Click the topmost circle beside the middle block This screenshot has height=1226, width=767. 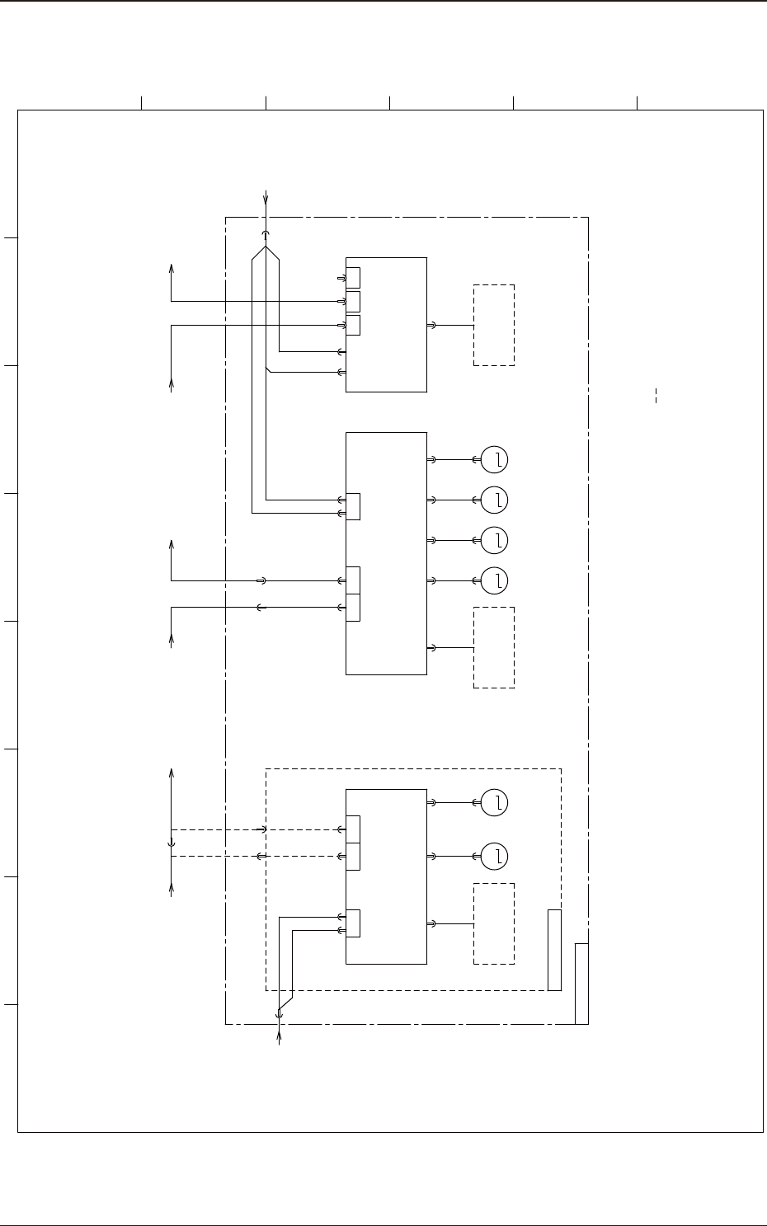(x=494, y=459)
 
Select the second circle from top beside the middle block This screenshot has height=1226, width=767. (x=494, y=500)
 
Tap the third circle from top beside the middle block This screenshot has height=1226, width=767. (x=494, y=540)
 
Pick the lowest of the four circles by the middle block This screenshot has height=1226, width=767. (x=494, y=581)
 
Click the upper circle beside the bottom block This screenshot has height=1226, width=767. (x=494, y=802)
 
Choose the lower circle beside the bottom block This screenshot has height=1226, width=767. (x=494, y=857)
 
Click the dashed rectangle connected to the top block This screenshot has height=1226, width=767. (x=494, y=325)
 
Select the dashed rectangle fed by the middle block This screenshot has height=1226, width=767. (x=494, y=647)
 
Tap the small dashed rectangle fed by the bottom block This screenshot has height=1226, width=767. (x=494, y=923)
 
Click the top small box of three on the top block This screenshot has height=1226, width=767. (x=353, y=277)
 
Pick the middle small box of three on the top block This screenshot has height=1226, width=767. (x=353, y=301)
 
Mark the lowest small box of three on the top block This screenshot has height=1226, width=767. (x=353, y=325)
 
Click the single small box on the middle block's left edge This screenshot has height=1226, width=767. (x=353, y=506)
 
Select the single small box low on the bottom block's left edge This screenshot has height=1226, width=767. (x=353, y=923)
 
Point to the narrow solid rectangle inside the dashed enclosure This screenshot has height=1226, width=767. (x=554, y=950)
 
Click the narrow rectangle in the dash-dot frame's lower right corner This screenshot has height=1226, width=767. (x=581, y=983)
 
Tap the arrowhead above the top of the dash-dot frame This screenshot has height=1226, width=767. (x=266, y=197)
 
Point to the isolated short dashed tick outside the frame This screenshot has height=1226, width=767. (x=656, y=394)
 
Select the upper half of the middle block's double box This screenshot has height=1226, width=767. (x=353, y=580)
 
